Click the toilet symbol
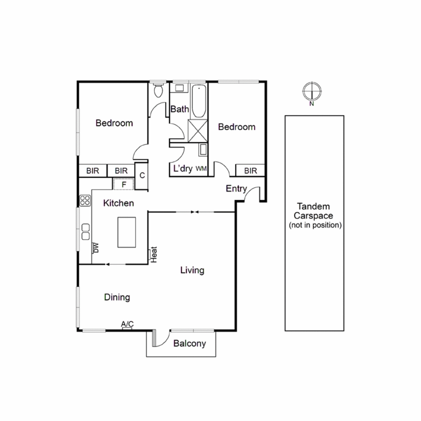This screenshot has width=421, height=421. (x=158, y=90)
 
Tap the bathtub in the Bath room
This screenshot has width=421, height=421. (x=199, y=101)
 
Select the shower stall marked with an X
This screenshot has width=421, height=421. (x=198, y=131)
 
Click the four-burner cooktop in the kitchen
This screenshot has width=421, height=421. (x=85, y=201)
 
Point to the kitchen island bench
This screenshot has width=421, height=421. (x=127, y=232)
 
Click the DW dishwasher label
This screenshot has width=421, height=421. (x=96, y=248)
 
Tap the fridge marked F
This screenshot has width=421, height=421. (x=123, y=184)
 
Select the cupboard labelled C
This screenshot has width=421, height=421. (x=142, y=175)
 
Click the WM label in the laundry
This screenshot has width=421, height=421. (x=201, y=169)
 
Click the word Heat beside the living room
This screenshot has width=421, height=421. (x=154, y=254)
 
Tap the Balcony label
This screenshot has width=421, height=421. (x=190, y=343)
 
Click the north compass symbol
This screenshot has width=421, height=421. (x=312, y=91)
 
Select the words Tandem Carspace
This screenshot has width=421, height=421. (x=313, y=211)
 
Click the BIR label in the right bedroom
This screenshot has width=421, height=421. (x=250, y=171)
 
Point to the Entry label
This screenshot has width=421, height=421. (x=236, y=188)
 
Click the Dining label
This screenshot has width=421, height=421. (x=117, y=297)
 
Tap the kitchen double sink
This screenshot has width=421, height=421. (x=85, y=232)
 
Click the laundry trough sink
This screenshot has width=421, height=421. (x=203, y=150)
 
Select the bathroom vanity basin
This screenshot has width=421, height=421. (x=180, y=88)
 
